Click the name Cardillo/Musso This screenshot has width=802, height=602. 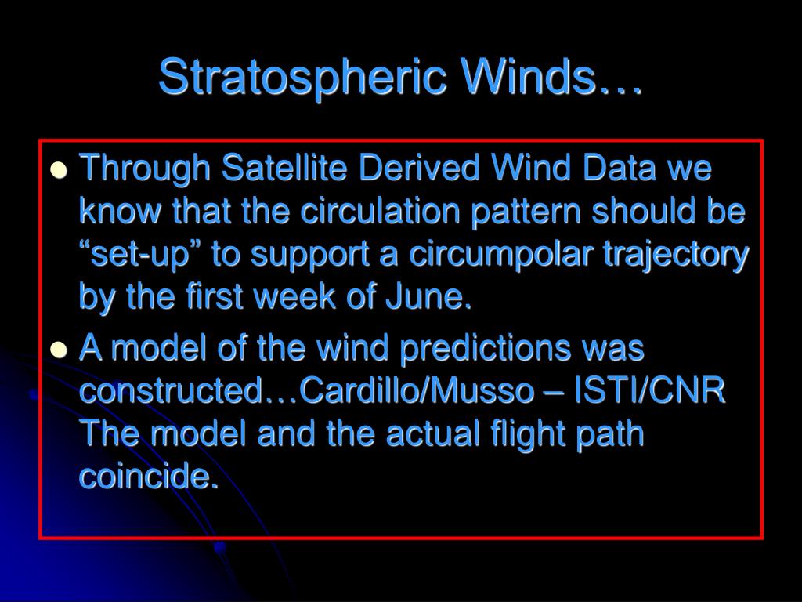coord(415,391)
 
